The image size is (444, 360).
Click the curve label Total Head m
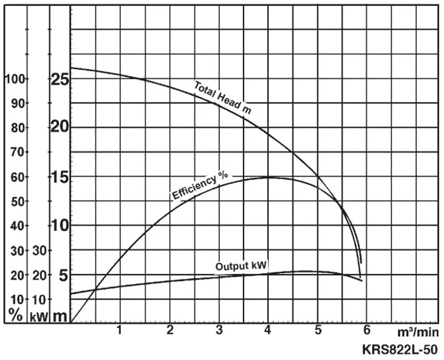coord(223,97)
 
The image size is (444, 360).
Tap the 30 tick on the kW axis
coord(40,250)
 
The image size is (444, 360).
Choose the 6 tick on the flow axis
coord(367,330)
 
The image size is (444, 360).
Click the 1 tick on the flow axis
coord(119,330)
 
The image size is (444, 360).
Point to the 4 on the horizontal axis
coord(268,330)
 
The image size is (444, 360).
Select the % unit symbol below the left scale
coord(15,315)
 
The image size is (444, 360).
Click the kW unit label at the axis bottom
coord(39,316)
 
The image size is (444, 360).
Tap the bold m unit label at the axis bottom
coord(61,316)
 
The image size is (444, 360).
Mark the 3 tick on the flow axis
coord(219,330)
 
